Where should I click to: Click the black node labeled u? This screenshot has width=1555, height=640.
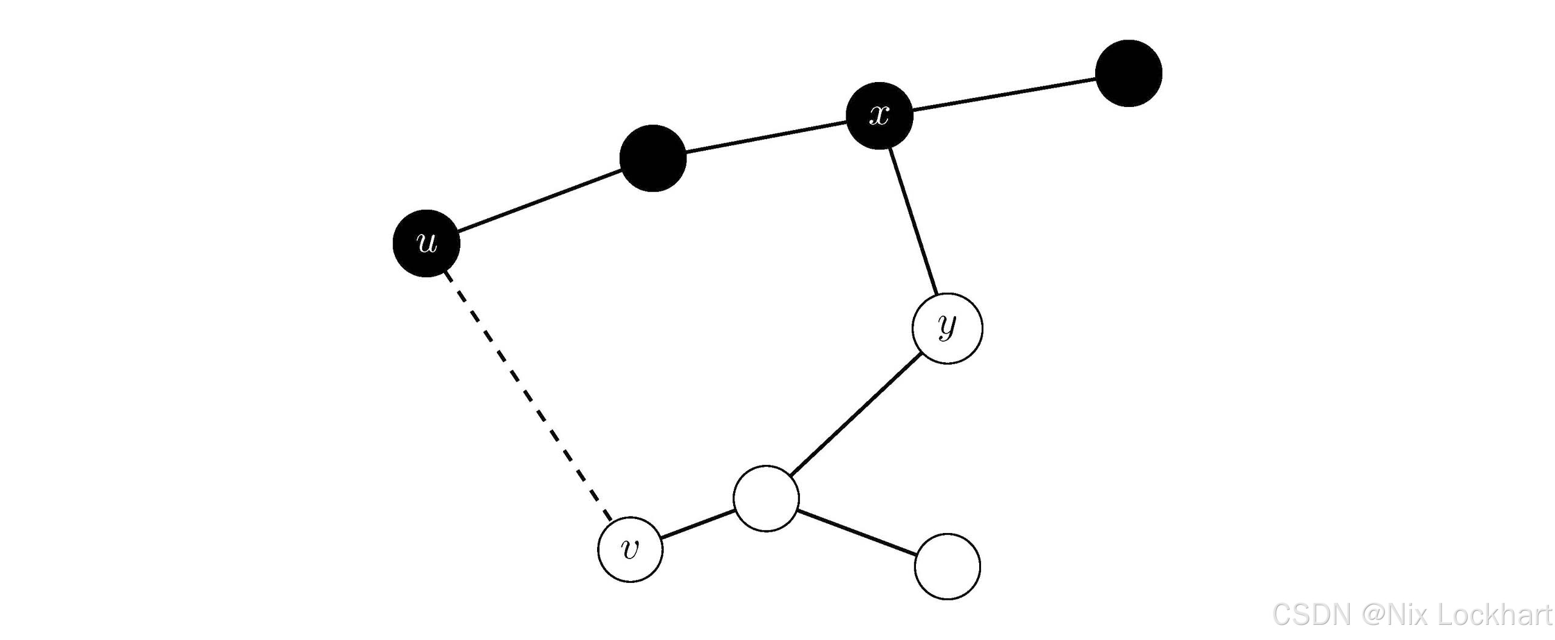tap(426, 243)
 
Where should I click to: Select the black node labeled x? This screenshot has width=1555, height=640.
tap(880, 115)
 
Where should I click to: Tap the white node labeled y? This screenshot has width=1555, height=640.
tap(947, 328)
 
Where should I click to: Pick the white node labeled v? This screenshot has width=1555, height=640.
tap(631, 549)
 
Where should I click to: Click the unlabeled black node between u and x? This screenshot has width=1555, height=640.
tap(653, 158)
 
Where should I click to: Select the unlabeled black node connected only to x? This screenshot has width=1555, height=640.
tap(1129, 74)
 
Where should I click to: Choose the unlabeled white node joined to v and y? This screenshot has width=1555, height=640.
tap(766, 498)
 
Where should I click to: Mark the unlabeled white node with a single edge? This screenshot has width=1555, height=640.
tap(947, 566)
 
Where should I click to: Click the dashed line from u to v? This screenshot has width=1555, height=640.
tap(528, 396)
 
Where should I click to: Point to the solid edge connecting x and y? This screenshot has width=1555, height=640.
tap(912, 221)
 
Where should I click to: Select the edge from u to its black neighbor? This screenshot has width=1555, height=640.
tap(539, 201)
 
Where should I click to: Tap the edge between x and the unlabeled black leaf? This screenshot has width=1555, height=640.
tap(1003, 95)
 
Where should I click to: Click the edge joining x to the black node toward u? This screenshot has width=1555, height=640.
tap(766, 137)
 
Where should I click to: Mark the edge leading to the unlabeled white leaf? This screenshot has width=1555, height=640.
tap(856, 532)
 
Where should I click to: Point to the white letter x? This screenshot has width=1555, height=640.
tap(880, 115)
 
